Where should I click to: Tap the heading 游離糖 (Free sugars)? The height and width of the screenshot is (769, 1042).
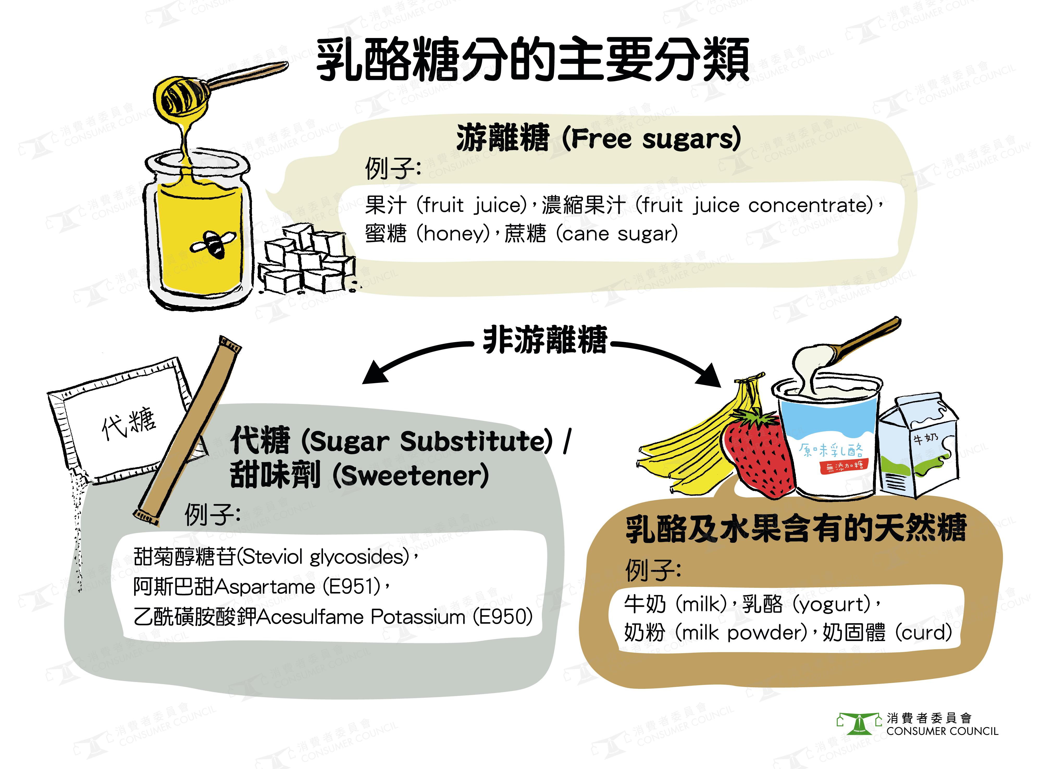[x=599, y=138]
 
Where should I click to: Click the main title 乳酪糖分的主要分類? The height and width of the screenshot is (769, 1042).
[x=533, y=60]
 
